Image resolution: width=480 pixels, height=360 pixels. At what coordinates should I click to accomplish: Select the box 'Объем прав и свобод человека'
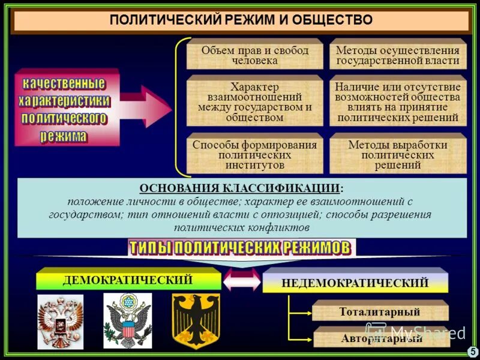[x=255, y=55]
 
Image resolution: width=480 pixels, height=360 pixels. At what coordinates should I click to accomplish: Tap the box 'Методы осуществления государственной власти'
[x=398, y=55]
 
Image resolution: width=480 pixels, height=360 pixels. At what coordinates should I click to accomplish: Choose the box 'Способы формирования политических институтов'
[x=255, y=154]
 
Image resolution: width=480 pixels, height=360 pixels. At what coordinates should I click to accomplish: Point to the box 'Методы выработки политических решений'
[x=398, y=154]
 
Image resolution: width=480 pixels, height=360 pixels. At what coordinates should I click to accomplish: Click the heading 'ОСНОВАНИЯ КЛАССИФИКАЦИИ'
[x=241, y=187]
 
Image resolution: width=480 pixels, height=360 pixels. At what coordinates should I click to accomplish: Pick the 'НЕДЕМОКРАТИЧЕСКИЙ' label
[x=355, y=283]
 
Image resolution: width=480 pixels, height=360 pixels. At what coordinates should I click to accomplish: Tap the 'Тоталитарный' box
[x=380, y=312]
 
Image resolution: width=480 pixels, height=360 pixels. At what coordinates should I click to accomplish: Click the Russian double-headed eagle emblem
[x=61, y=322]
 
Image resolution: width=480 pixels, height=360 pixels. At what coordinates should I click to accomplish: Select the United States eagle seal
[x=128, y=322]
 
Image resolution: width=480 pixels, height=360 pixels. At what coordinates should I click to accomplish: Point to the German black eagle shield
[x=196, y=320]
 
